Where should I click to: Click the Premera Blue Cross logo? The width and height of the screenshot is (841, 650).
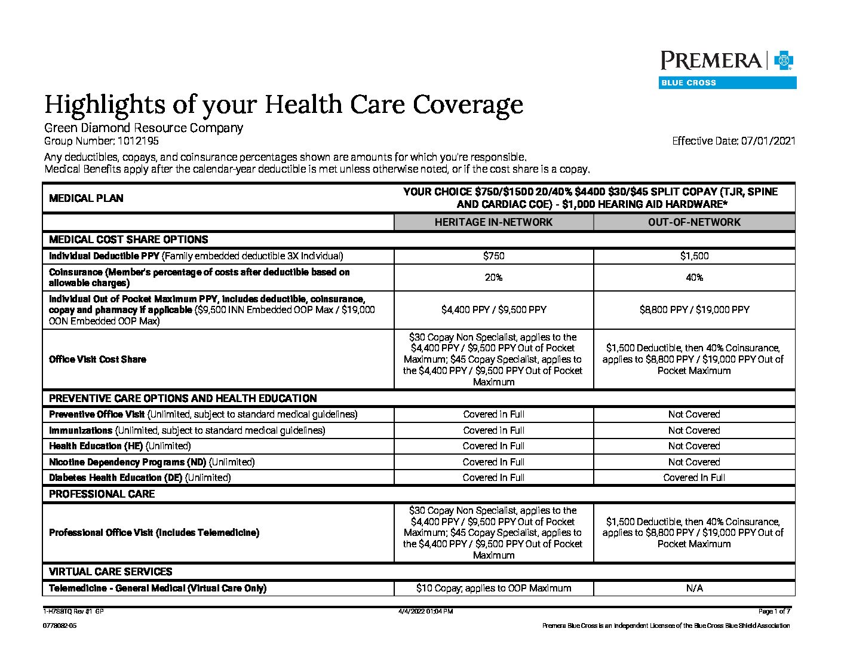(728, 69)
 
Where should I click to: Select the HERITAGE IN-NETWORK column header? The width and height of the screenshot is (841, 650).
(493, 222)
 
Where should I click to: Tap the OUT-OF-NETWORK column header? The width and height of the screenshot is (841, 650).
(694, 222)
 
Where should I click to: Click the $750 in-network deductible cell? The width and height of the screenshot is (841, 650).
(493, 256)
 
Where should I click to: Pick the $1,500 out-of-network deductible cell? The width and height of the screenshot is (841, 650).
(694, 256)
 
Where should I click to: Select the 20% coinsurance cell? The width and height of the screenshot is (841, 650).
(493, 278)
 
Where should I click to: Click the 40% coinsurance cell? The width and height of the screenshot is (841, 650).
(694, 278)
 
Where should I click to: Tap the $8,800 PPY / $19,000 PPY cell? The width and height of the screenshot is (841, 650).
(694, 310)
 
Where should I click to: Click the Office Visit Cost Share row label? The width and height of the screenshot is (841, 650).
(97, 359)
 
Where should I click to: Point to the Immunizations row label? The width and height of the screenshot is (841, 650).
(81, 430)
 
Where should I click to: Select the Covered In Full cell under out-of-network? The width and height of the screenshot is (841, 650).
(694, 478)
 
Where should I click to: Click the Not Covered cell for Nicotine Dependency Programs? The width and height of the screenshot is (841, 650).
(694, 462)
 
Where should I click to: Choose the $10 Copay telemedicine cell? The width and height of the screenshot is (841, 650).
(493, 588)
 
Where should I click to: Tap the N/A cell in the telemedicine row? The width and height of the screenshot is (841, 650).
(694, 588)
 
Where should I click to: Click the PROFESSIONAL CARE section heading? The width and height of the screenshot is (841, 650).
(102, 494)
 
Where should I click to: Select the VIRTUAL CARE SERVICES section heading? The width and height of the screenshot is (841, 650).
(111, 572)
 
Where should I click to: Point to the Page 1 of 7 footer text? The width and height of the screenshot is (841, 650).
(774, 612)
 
